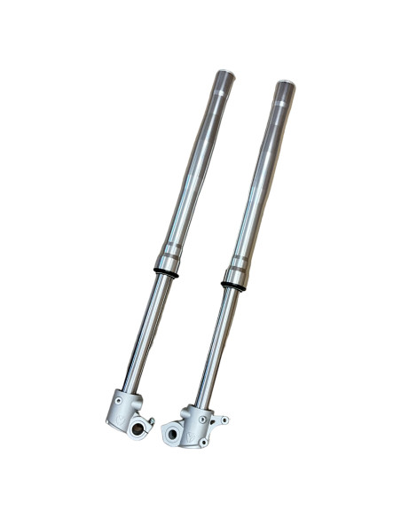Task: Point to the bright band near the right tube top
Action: pos(280,104)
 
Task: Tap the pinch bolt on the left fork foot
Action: pos(152,420)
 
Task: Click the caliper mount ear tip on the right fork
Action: pos(224,420)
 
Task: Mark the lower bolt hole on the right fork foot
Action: pos(203,441)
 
